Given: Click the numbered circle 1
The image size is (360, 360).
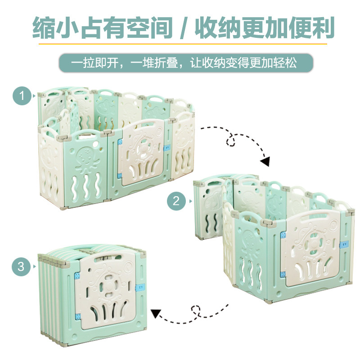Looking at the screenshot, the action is click(x=21, y=96).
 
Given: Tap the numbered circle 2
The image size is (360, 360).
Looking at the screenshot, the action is click(x=176, y=201).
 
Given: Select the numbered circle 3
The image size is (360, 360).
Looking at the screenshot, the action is click(x=21, y=267).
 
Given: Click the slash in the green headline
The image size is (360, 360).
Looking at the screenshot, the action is click(x=184, y=28).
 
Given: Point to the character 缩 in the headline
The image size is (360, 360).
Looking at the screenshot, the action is click(x=45, y=28).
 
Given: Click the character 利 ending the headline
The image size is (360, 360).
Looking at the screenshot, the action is click(x=322, y=28).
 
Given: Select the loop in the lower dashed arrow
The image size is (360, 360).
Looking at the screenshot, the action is click(x=195, y=310).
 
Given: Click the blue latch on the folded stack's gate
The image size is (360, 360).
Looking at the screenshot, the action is click(x=139, y=288).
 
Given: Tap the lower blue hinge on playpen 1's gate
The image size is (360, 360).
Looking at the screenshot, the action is click(x=120, y=175).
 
